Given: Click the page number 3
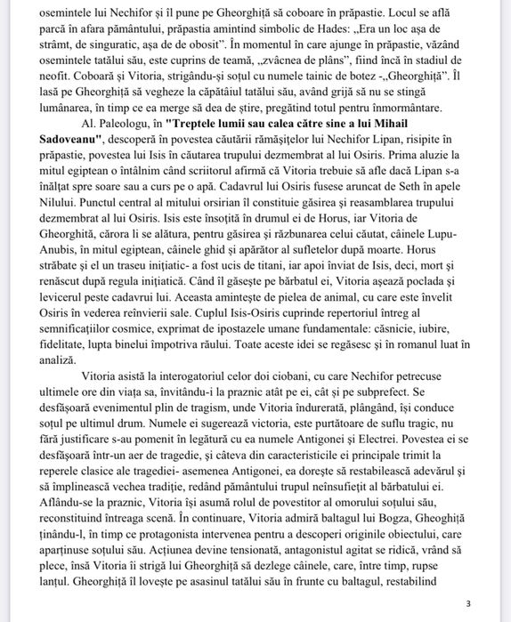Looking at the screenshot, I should pos(469,602).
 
